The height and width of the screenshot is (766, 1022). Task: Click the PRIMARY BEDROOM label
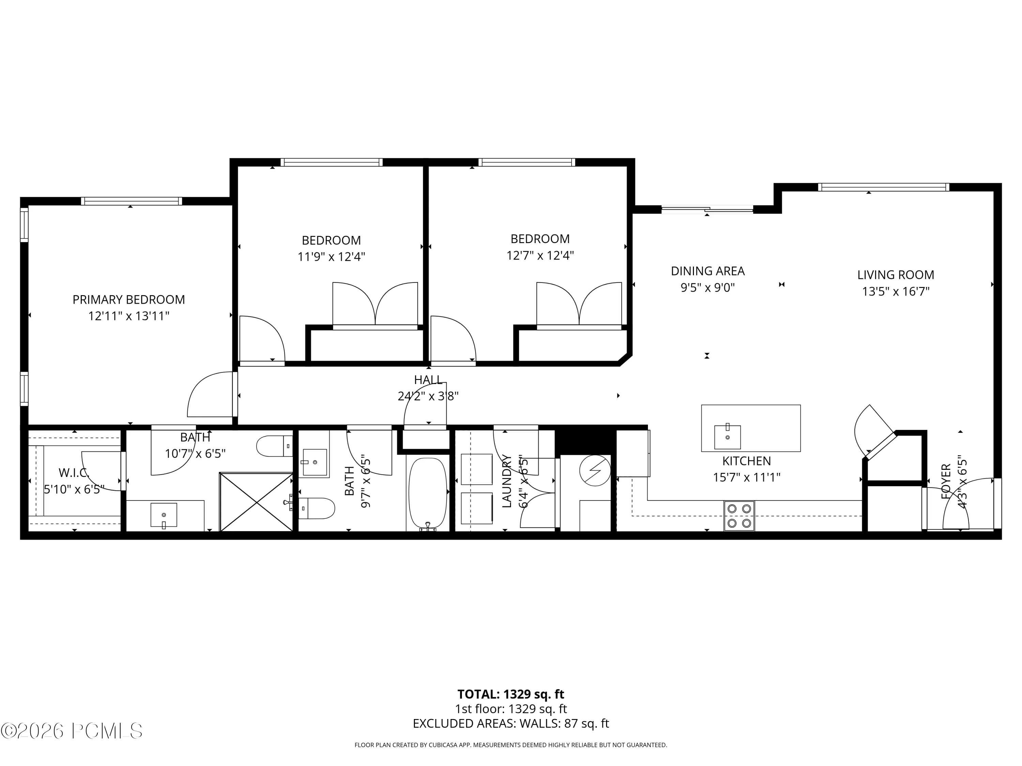coord(128,300)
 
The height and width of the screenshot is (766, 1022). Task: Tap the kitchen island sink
coord(727,437)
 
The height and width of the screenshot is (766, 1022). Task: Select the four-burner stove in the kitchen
coord(739,516)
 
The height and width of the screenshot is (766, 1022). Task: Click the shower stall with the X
coord(257,501)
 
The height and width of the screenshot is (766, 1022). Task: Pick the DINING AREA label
coord(708,271)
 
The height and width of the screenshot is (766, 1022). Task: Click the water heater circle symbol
coord(595,470)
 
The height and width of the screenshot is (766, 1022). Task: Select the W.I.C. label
coord(74,473)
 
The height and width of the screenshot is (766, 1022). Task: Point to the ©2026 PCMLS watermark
coord(72,731)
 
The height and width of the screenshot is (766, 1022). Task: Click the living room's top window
coord(883,187)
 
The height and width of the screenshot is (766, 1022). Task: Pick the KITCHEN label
coord(747,461)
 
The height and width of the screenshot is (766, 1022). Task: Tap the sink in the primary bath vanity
coord(164,515)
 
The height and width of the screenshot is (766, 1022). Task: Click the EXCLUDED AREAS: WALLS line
coord(511,723)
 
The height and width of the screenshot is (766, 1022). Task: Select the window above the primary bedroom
coord(131,201)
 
